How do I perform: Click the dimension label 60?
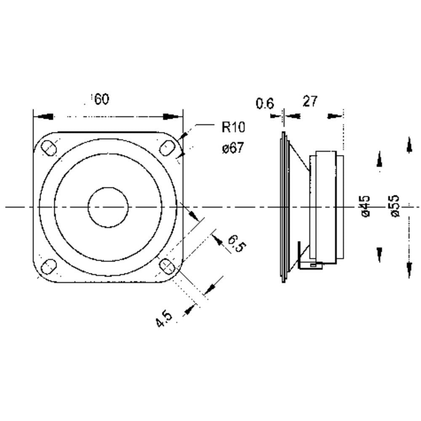coord(102,99)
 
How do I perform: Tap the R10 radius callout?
coord(233,127)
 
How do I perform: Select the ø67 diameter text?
coord(233,148)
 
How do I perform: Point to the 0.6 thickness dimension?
coord(265,104)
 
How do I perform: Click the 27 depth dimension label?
coord(310,101)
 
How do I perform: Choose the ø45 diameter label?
coord(365,206)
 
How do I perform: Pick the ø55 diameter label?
coord(395,206)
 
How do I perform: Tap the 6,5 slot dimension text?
coord(237,243)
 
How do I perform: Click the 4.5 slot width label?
coord(164,318)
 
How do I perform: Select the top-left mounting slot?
coord(48,148)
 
